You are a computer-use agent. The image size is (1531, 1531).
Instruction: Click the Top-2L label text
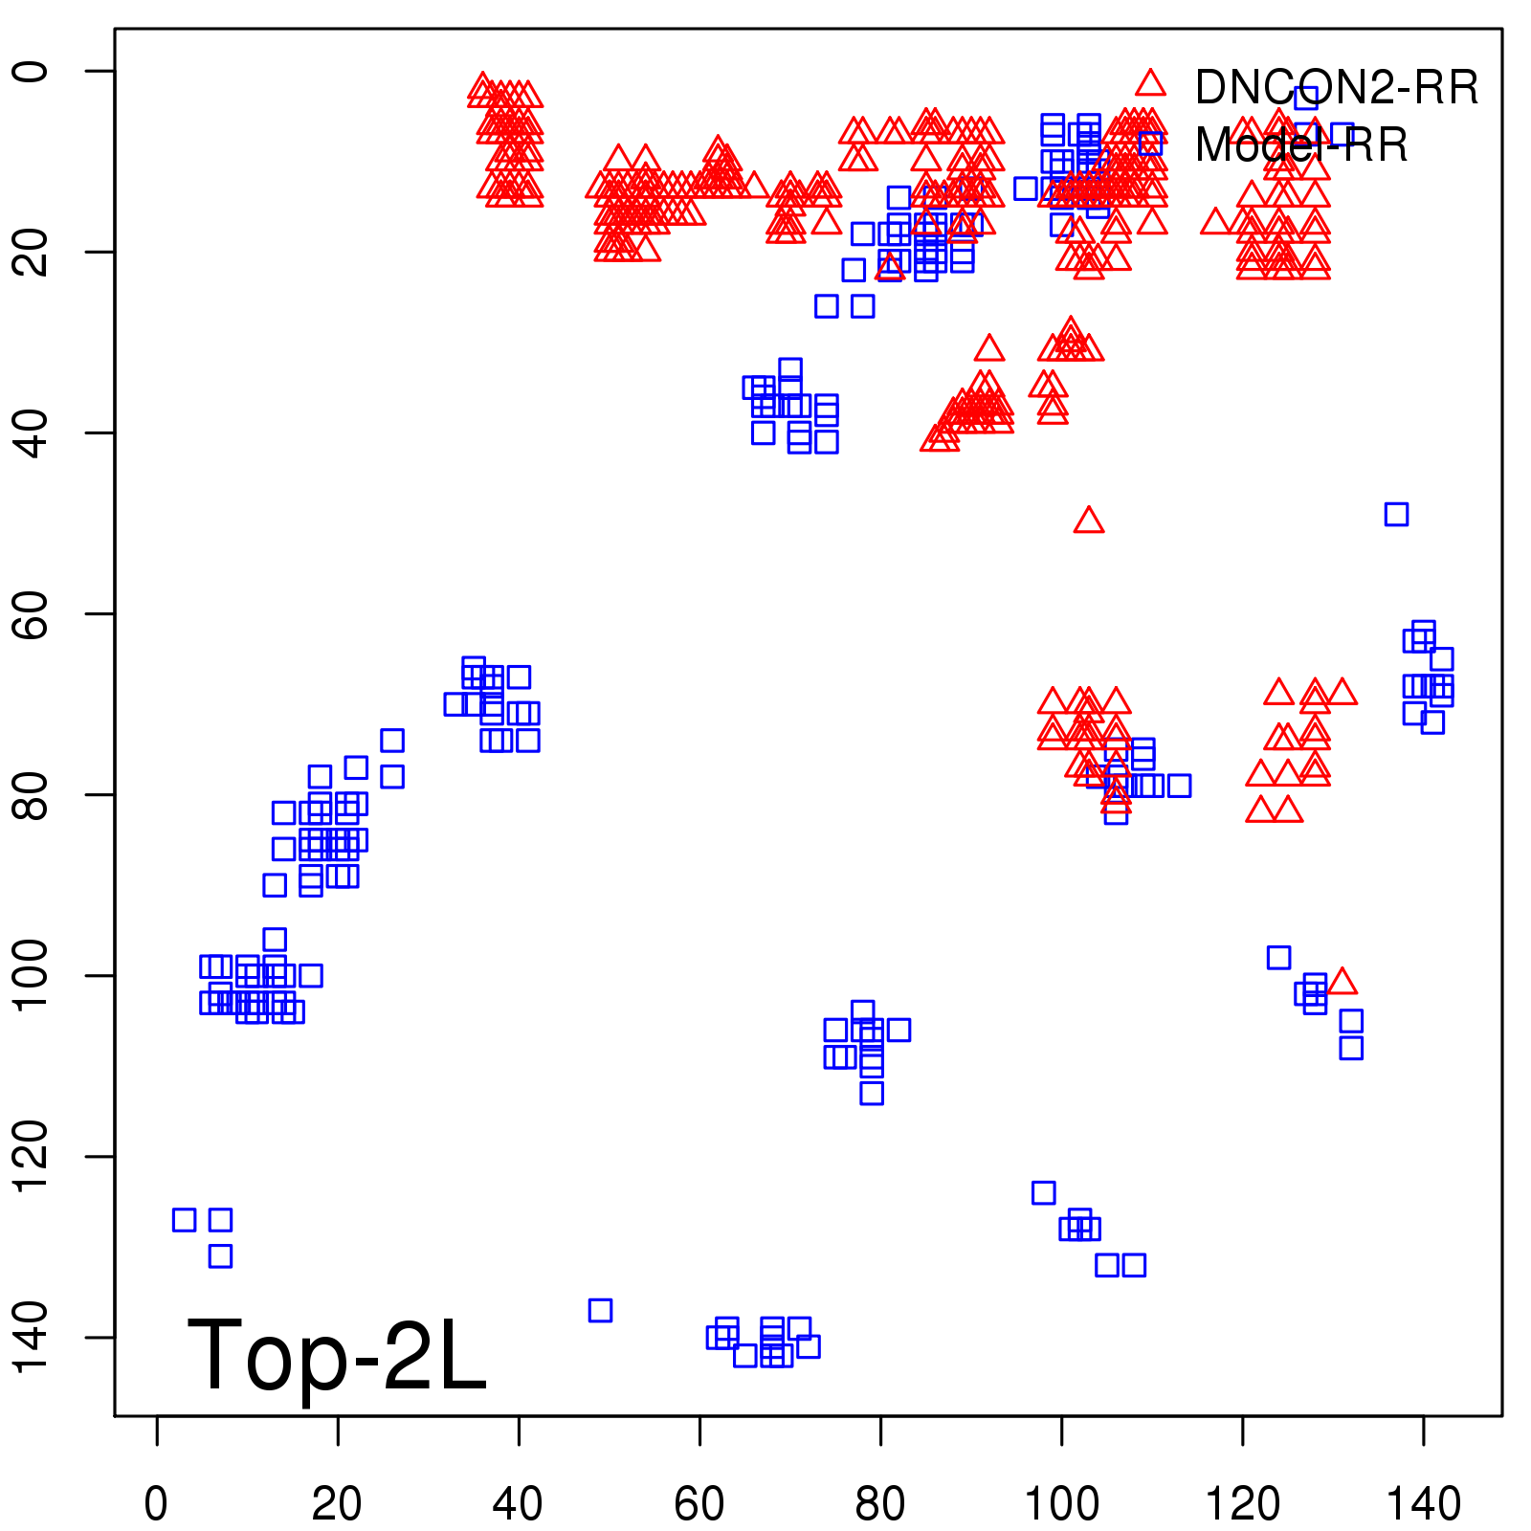(337, 1355)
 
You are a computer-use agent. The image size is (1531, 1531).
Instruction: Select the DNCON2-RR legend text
(1336, 88)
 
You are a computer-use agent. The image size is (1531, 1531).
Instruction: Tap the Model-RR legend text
(1301, 145)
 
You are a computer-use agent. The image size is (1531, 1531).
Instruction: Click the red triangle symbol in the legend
(1151, 84)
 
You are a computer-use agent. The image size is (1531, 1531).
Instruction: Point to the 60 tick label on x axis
(699, 1504)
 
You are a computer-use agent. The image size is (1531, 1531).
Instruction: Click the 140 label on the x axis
(1423, 1504)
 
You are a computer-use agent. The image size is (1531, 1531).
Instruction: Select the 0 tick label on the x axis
(156, 1504)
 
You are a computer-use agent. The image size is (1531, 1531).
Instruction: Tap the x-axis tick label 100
(1061, 1504)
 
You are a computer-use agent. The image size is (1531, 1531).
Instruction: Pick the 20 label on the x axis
(337, 1504)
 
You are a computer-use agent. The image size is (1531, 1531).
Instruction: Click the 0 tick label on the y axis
(31, 72)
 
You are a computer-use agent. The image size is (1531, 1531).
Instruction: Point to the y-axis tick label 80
(31, 794)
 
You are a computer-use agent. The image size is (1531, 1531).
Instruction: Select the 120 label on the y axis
(31, 1156)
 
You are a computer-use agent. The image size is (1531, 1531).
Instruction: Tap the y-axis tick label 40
(31, 433)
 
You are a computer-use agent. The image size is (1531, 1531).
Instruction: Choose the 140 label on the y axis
(31, 1337)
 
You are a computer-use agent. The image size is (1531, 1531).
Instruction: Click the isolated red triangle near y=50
(1089, 521)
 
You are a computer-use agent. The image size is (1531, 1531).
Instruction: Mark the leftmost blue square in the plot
(184, 1220)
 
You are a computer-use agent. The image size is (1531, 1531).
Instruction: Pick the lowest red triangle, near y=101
(1342, 982)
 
